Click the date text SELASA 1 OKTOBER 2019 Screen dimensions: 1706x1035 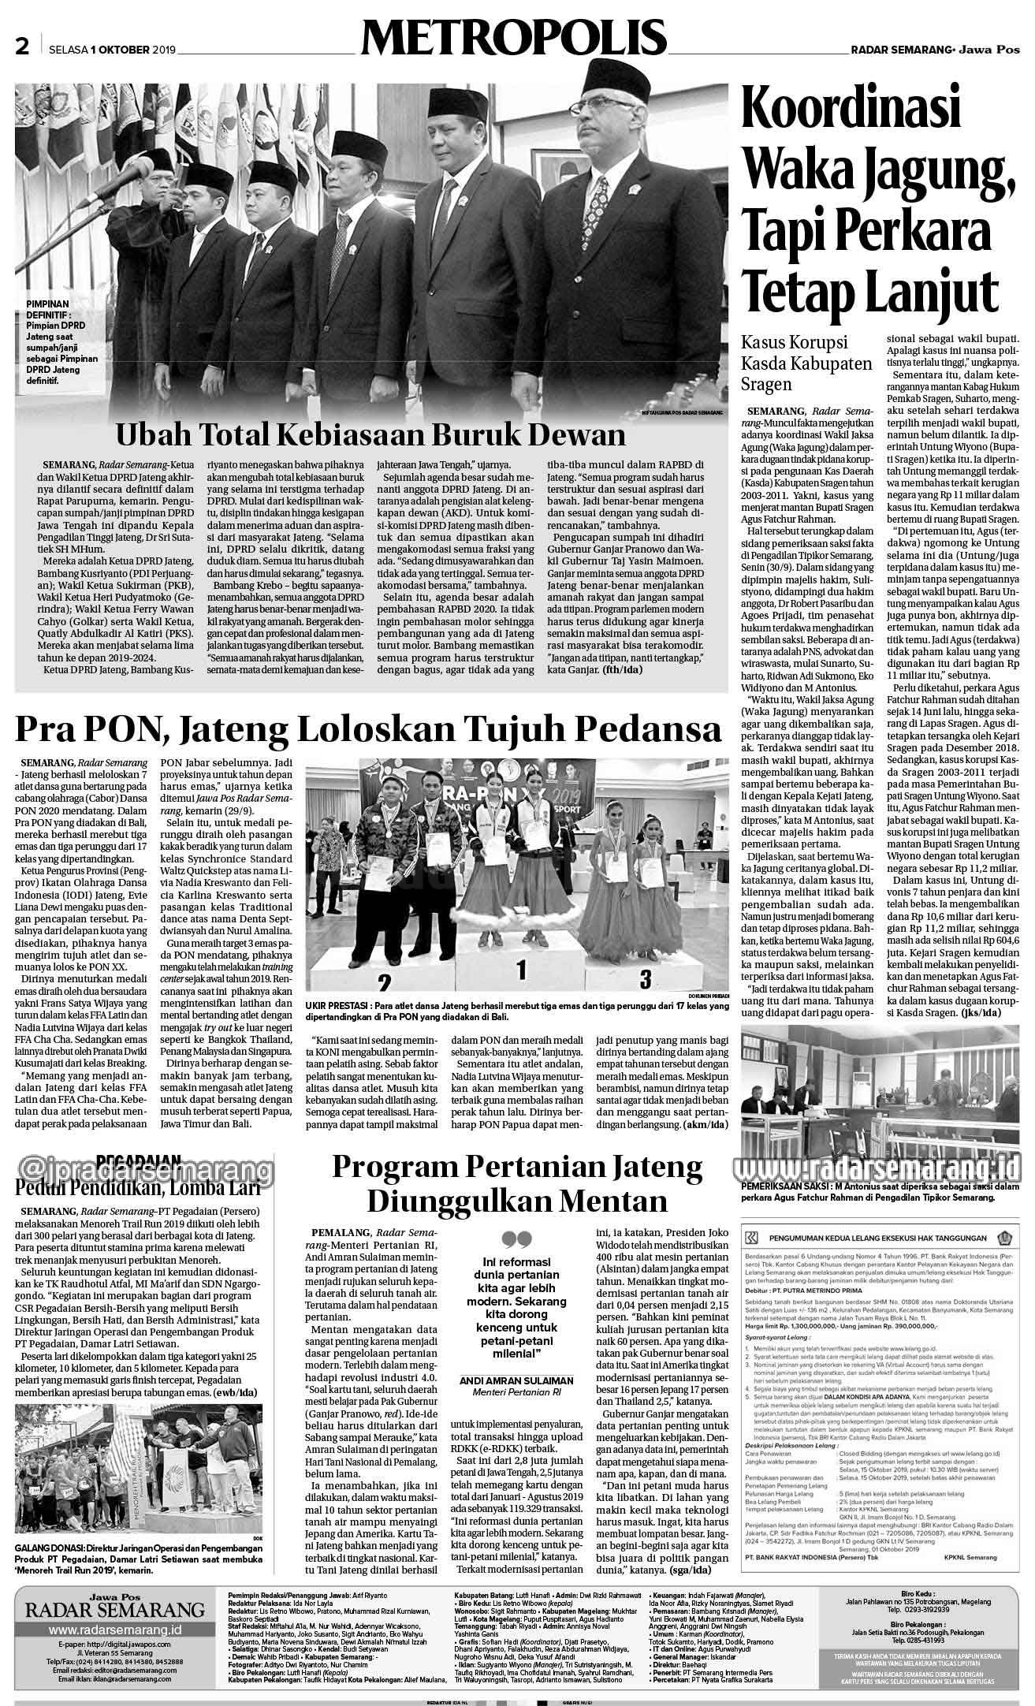[111, 50]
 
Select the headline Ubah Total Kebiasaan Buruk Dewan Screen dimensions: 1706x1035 [370, 436]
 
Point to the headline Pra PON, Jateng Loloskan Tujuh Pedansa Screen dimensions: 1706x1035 [369, 730]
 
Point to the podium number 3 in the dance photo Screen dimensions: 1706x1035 [645, 979]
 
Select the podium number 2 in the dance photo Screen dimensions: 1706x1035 [385, 983]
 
